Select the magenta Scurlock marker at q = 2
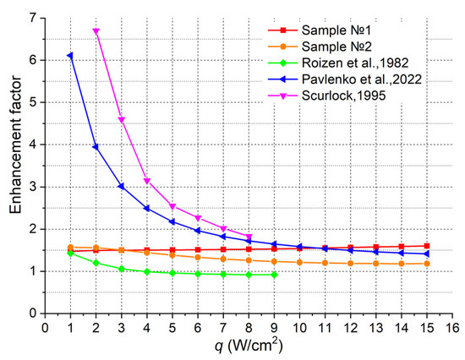point(96,30)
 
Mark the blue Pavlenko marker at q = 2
point(96,147)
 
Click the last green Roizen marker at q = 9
point(275,275)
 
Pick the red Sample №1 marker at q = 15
point(428,246)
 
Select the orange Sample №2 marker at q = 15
point(428,263)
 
